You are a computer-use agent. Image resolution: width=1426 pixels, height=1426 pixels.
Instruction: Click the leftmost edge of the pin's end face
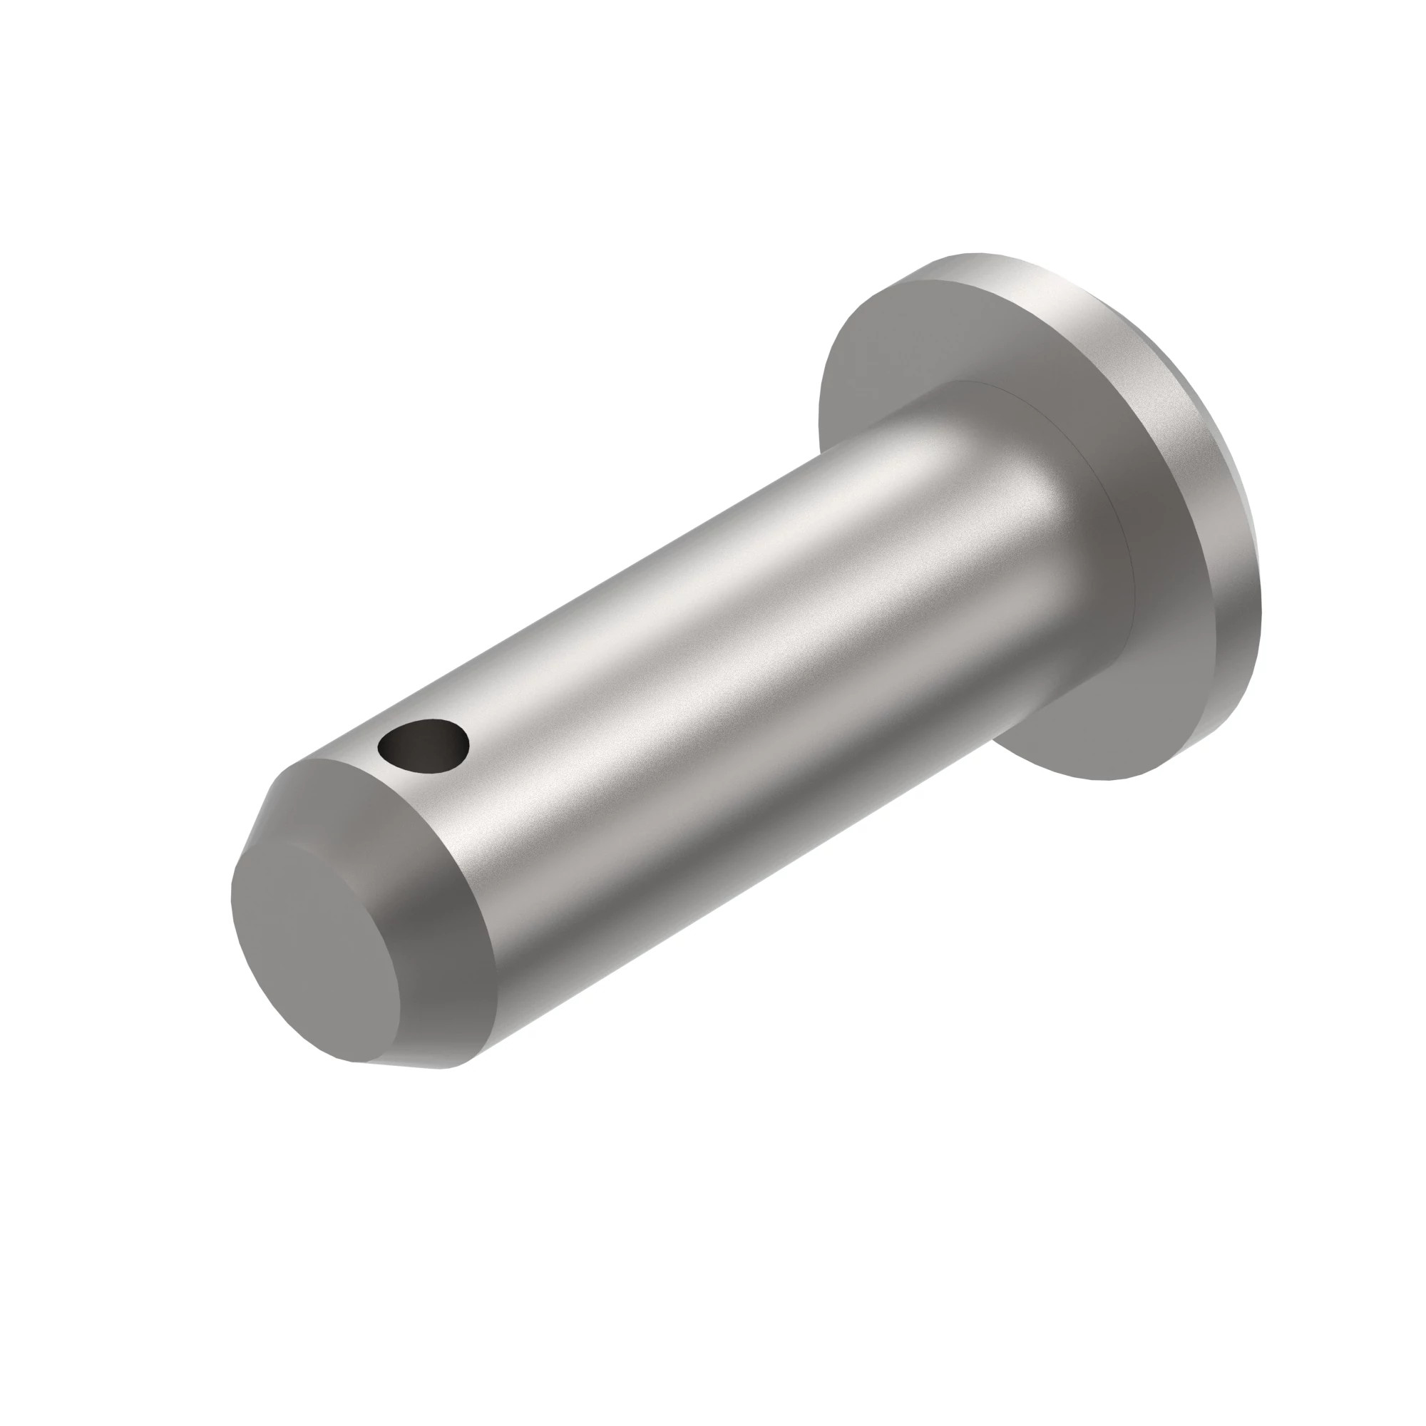point(232,908)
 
